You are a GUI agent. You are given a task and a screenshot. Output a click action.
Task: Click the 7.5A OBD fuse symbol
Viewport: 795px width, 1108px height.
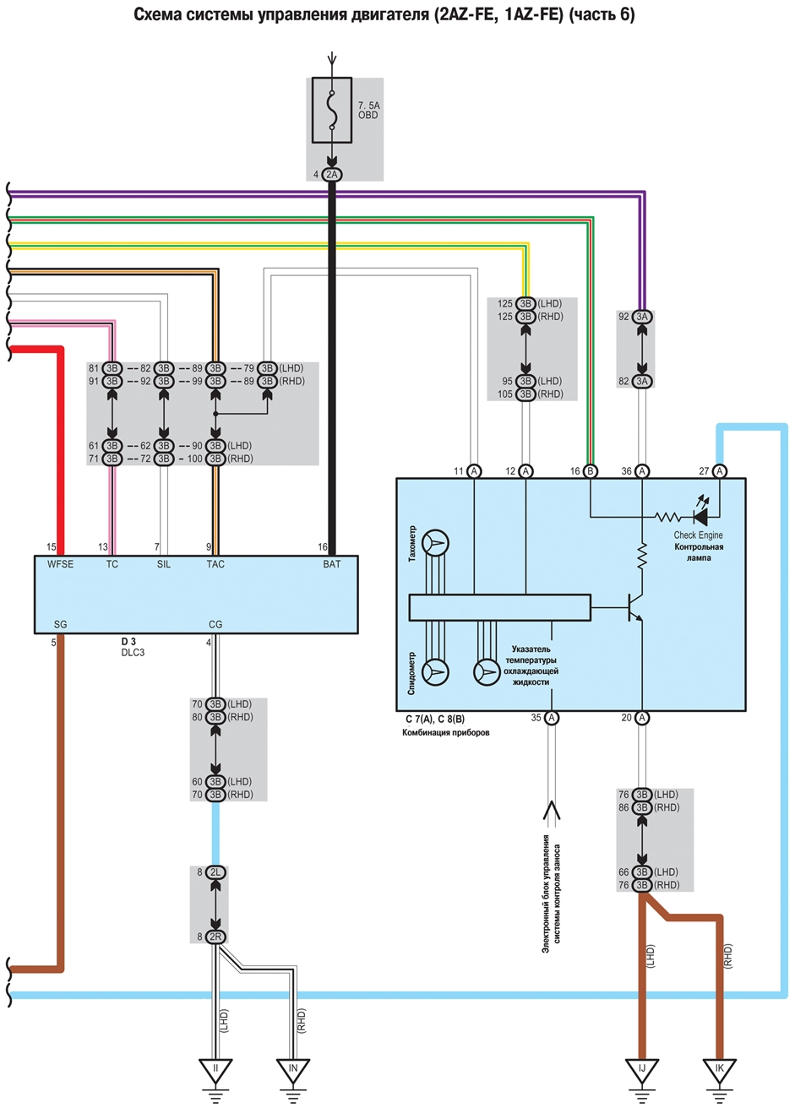pos(332,110)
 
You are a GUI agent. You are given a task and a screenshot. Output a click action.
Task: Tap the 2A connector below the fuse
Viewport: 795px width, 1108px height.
pos(332,175)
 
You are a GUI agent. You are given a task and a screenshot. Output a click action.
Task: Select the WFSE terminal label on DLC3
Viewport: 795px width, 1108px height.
pos(60,564)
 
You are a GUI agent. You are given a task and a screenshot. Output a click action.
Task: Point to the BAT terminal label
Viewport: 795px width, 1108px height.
pos(331,564)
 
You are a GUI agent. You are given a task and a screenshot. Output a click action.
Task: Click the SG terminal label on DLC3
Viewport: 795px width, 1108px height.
pos(60,624)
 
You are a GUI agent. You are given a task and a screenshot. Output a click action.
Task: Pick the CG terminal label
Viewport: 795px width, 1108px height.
pos(215,624)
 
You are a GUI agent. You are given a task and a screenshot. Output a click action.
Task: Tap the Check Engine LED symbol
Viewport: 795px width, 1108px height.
pos(700,518)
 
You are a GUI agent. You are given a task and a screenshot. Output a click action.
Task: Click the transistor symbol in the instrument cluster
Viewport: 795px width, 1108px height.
pos(634,607)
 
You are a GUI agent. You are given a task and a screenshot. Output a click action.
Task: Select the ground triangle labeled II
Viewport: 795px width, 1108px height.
pos(215,1069)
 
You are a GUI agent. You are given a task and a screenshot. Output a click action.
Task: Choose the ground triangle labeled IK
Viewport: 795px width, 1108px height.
pos(719,1069)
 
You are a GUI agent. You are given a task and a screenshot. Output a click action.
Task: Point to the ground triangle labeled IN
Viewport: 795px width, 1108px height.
pos(293,1069)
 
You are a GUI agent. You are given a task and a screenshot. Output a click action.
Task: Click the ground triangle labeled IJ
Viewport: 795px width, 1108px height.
pos(641,1069)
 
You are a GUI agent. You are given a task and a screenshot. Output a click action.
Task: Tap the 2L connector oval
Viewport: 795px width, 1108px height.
pos(215,872)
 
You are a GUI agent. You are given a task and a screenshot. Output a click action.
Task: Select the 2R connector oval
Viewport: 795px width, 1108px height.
pos(215,937)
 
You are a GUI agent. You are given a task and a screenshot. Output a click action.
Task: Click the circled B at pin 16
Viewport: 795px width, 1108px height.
pos(590,471)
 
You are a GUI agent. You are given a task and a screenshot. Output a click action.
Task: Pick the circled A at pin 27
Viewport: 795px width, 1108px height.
pos(719,471)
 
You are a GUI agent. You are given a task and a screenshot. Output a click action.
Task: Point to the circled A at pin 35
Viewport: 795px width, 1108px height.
pos(551,717)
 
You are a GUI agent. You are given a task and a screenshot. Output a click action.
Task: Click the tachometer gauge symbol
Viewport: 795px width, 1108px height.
pos(435,543)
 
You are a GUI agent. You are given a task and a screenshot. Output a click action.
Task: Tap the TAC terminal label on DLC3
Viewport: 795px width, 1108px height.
pos(215,564)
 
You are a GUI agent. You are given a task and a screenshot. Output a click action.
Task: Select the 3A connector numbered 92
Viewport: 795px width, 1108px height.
pos(641,317)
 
